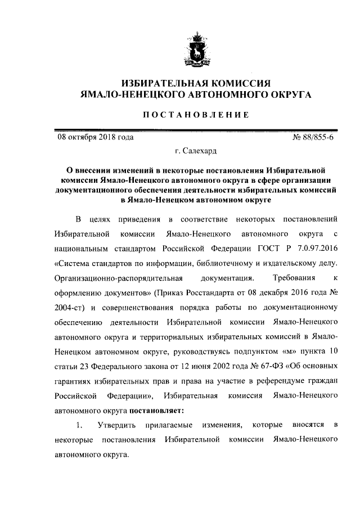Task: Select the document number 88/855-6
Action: point(321,136)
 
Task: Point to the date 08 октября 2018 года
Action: point(94,136)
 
